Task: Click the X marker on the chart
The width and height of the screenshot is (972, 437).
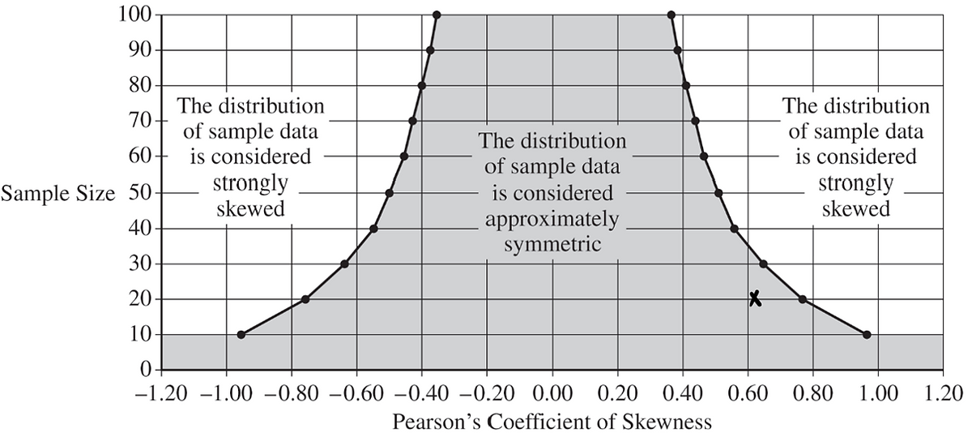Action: coord(755,298)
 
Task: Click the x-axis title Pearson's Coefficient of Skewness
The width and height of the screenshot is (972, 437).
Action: coord(552,422)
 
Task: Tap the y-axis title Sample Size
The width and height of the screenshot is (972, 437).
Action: coord(58,193)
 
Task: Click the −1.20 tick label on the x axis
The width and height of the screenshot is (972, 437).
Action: coord(156,395)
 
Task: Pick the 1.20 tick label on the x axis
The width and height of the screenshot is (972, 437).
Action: coord(944,395)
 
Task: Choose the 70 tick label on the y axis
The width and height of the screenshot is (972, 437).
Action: coord(143,121)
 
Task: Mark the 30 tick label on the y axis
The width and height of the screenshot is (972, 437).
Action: coord(143,263)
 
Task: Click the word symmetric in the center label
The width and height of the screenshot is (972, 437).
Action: coord(552,243)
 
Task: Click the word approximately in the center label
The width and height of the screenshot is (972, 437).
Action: coord(552,220)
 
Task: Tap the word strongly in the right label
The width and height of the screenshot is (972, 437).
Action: coord(855,183)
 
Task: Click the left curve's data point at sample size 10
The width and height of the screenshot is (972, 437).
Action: coord(241,334)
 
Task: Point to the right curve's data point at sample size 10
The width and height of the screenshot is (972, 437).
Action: coord(867,334)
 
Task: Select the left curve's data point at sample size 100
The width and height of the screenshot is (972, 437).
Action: coord(437,15)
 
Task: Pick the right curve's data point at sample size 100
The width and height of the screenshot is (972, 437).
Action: coord(671,15)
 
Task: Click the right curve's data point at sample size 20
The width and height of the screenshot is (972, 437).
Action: coord(802,299)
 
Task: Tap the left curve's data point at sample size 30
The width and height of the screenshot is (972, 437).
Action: coord(344,263)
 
